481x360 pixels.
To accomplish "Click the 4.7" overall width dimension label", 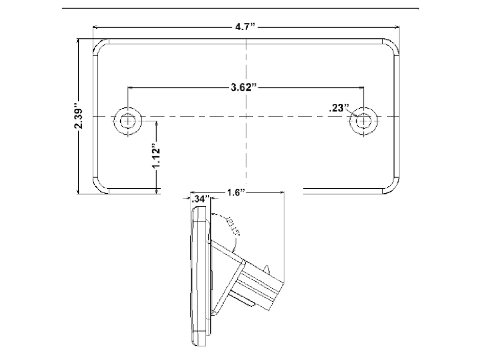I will coord(245,28).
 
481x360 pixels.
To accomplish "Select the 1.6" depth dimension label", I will coord(233,193).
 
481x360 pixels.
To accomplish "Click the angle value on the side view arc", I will coord(229,226).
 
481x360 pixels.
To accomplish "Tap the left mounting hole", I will coord(127,121).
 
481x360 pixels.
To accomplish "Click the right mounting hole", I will coord(364,121).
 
